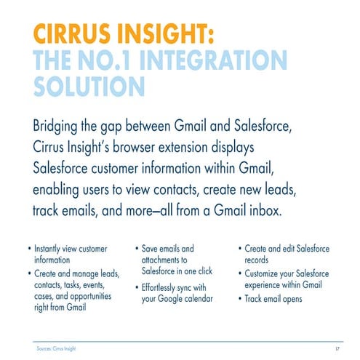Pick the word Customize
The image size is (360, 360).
pyautogui.click(x=267, y=273)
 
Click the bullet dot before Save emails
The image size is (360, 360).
pyautogui.click(x=137, y=249)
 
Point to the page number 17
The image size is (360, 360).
pyautogui.click(x=340, y=349)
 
